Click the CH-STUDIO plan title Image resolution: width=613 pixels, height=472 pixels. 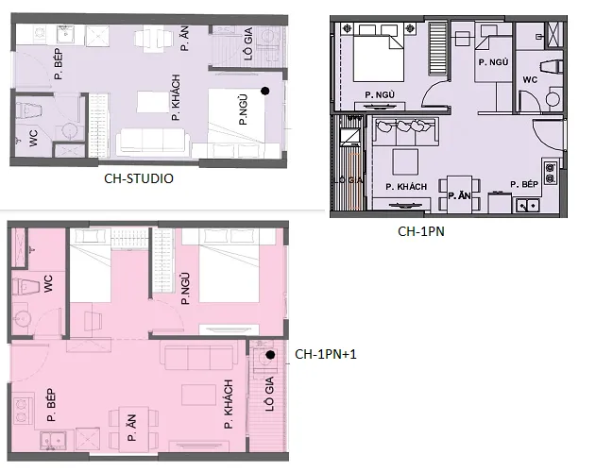(139, 178)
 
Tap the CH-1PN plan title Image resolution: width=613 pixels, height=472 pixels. (421, 231)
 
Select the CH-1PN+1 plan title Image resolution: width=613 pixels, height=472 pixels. (326, 354)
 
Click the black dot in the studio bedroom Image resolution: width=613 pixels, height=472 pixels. (265, 91)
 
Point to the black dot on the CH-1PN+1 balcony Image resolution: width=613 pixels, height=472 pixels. (270, 355)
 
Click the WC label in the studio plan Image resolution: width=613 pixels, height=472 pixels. (34, 139)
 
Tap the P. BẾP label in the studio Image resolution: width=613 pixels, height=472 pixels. (59, 64)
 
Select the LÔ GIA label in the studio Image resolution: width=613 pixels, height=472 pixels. (248, 43)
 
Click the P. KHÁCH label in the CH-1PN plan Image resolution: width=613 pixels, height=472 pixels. (406, 187)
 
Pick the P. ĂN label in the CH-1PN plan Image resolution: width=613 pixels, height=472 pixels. (459, 195)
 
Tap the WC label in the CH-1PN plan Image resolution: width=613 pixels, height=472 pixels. (530, 79)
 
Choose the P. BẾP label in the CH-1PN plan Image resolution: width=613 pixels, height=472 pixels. (524, 184)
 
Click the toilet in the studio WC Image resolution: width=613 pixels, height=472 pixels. (29, 110)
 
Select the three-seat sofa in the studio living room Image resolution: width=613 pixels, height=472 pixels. (153, 140)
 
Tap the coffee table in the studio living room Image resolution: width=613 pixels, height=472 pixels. (153, 102)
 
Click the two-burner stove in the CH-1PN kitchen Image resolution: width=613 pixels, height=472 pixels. (551, 173)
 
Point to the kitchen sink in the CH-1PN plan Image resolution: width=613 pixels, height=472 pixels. (528, 206)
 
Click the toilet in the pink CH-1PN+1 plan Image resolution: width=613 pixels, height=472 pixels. (26, 287)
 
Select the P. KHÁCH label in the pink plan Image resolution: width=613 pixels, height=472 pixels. (229, 404)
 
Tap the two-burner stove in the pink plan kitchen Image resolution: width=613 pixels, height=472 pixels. (23, 411)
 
